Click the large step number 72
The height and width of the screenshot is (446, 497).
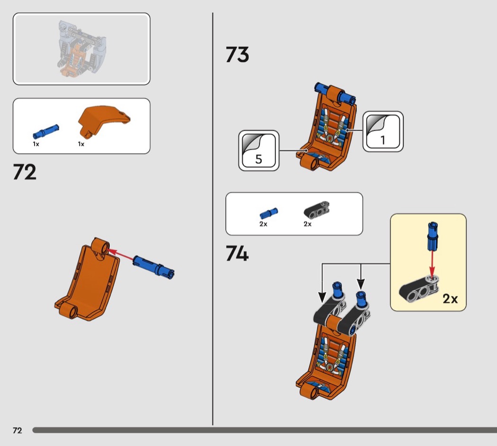click(x=25, y=172)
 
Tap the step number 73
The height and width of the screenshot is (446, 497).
click(x=238, y=54)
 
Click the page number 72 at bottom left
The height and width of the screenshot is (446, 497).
click(x=18, y=430)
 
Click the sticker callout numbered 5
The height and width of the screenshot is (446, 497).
click(x=258, y=151)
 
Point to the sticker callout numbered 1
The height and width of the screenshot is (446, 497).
click(x=383, y=132)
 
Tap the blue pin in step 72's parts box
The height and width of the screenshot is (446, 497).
click(x=45, y=132)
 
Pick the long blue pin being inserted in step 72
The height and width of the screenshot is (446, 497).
click(x=153, y=267)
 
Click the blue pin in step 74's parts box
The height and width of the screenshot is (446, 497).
click(x=269, y=214)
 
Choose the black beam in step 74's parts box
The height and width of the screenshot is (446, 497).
click(x=317, y=210)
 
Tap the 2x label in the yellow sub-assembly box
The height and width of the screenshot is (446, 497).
click(x=450, y=299)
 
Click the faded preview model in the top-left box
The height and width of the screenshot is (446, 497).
click(x=82, y=49)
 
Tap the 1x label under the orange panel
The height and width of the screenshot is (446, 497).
click(x=81, y=144)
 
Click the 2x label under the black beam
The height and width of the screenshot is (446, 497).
click(x=308, y=224)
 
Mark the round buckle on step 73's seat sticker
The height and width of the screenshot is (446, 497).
click(x=329, y=139)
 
